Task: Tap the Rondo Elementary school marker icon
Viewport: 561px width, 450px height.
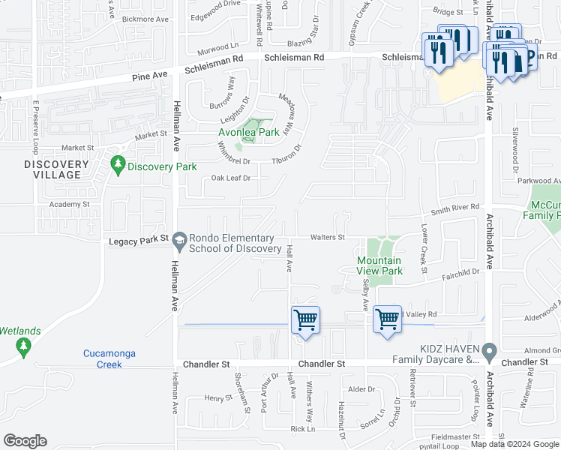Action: pyautogui.click(x=178, y=240)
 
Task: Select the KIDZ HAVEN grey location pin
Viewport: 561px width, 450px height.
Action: pyautogui.click(x=490, y=351)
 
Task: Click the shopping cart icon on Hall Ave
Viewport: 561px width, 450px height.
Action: pyautogui.click(x=305, y=320)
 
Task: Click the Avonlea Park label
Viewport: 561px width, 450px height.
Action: pyautogui.click(x=248, y=133)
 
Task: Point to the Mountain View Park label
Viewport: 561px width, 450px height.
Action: pyautogui.click(x=379, y=265)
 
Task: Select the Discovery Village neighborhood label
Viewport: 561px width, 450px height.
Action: pyautogui.click(x=52, y=169)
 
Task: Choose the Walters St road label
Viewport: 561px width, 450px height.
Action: pyautogui.click(x=327, y=238)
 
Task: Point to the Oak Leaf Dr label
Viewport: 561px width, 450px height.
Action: pyautogui.click(x=230, y=178)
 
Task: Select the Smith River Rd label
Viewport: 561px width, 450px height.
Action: pyautogui.click(x=460, y=206)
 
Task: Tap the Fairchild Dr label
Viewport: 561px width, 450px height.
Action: pyautogui.click(x=460, y=275)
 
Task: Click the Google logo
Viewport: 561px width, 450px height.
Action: pyautogui.click(x=25, y=441)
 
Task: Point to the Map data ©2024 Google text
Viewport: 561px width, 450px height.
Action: pyautogui.click(x=514, y=444)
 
